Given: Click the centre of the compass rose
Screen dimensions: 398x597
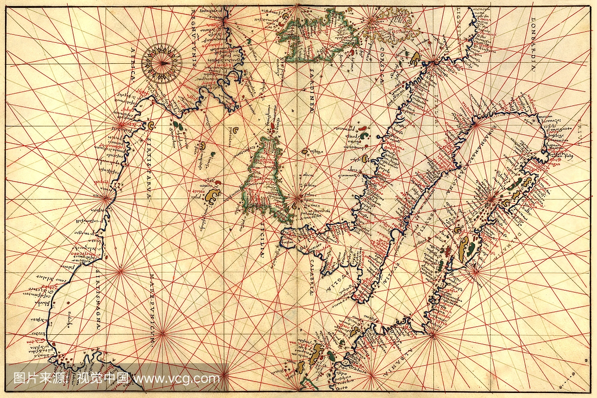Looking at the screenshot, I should point(162,63).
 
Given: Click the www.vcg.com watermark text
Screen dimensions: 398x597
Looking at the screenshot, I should point(177,378).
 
